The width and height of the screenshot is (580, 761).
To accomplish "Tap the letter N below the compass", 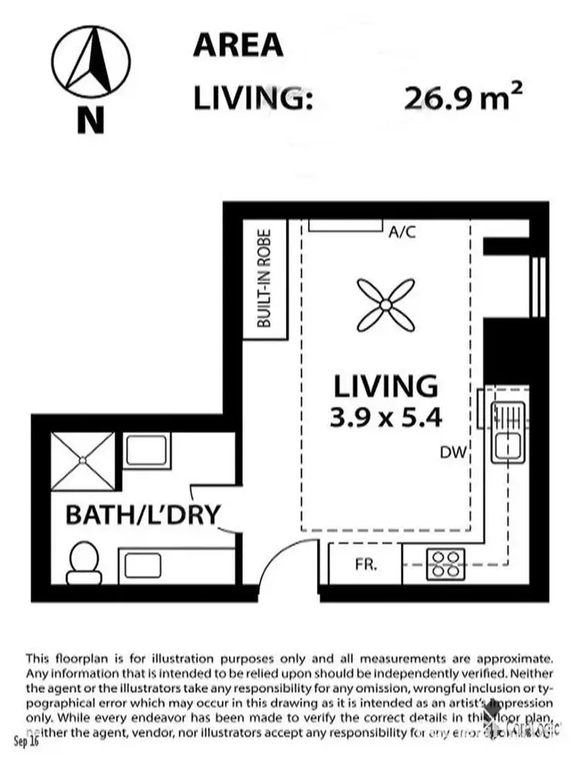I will [90, 121].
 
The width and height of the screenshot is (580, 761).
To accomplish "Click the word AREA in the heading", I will [237, 46].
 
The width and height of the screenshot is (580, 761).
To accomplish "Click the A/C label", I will [403, 231].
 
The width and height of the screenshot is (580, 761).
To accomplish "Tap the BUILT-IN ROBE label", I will [264, 278].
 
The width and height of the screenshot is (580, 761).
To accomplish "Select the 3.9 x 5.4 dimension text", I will [386, 418].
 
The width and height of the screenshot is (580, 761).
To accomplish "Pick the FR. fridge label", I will [365, 565].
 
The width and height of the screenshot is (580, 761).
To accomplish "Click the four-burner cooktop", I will [446, 564].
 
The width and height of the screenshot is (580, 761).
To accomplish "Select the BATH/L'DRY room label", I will [143, 514].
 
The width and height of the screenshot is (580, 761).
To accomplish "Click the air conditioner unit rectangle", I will [346, 224].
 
